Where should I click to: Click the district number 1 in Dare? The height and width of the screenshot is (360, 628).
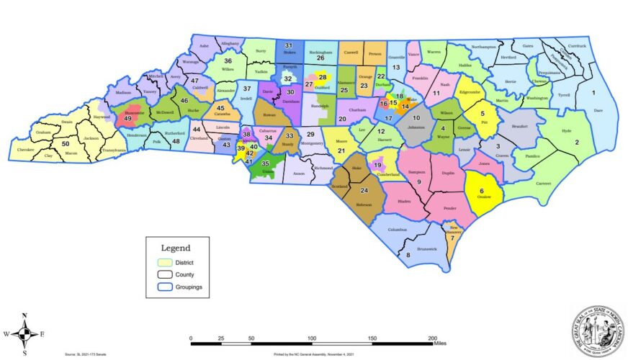click(x=594, y=93)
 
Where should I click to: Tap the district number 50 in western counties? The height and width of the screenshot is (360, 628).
click(x=86, y=144)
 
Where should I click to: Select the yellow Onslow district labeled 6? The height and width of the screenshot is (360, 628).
click(x=482, y=192)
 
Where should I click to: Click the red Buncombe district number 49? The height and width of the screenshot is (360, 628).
click(x=128, y=118)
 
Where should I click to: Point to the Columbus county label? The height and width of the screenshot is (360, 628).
click(x=398, y=230)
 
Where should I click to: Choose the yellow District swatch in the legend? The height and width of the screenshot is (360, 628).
click(x=165, y=262)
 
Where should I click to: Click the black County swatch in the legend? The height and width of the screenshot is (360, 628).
click(x=165, y=274)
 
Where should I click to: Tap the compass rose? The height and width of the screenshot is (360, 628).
click(x=24, y=334)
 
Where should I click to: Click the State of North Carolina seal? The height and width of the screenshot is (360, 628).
click(x=596, y=330)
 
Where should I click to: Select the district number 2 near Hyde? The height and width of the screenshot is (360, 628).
click(x=576, y=143)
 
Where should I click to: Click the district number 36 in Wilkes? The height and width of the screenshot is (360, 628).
click(x=228, y=61)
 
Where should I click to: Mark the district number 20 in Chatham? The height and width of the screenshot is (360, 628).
click(x=342, y=119)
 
